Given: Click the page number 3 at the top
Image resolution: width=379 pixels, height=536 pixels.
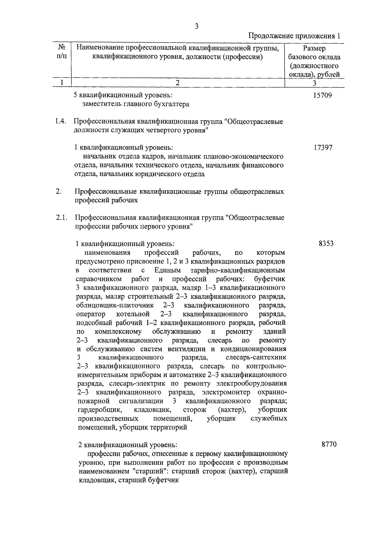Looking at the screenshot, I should (x=197, y=27).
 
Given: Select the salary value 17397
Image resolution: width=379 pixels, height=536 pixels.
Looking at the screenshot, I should (x=323, y=148).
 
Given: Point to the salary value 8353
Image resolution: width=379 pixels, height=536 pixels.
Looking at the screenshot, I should (x=326, y=244).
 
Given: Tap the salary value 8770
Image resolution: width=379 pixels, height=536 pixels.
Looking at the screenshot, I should (x=329, y=444).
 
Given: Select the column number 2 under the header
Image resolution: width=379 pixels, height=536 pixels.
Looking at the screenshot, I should (x=177, y=83).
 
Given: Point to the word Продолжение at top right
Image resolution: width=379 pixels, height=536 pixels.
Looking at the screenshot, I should (x=270, y=36).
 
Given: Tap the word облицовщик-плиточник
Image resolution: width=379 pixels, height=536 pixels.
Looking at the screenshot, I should (x=115, y=305).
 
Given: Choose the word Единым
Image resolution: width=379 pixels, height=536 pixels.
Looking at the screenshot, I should (x=167, y=270).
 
